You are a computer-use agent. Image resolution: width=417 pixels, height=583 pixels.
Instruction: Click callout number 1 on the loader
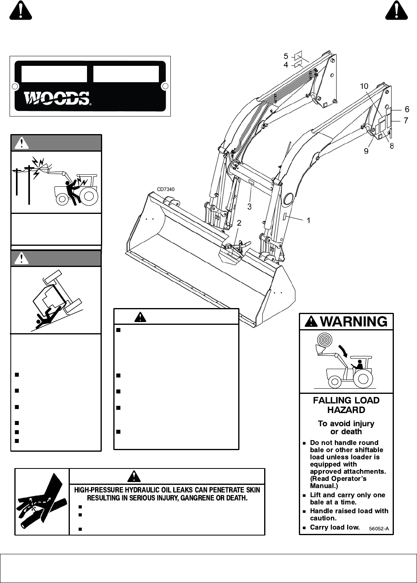[x=308, y=220]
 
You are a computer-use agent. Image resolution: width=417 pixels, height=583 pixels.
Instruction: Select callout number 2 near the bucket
[x=239, y=223]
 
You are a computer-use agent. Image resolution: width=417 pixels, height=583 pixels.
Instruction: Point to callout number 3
[x=249, y=207]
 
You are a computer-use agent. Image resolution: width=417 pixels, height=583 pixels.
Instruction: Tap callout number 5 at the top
[x=286, y=57]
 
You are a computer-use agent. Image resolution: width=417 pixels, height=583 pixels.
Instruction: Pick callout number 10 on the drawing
[x=364, y=86]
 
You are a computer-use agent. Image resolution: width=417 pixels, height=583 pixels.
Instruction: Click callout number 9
[x=366, y=152]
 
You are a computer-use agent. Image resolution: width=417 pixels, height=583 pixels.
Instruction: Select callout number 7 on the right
[x=406, y=120]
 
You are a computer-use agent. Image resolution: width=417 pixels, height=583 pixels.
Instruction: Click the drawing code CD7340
[x=166, y=189]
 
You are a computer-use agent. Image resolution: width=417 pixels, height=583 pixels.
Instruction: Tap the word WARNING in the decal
[x=354, y=322]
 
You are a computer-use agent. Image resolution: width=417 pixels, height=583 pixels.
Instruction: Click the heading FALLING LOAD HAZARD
[x=346, y=405]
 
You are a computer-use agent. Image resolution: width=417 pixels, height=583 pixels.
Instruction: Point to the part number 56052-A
[x=379, y=529]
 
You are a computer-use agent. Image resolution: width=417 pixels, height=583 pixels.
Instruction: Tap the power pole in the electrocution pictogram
[x=29, y=184]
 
